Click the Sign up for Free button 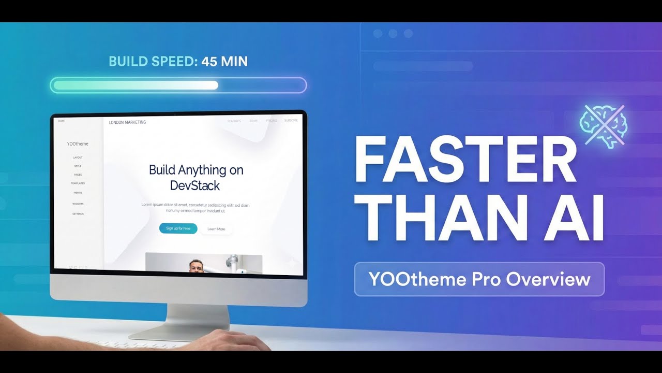pos(178,228)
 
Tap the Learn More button pos(216,229)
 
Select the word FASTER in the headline pos(465,158)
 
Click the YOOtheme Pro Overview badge pos(479,279)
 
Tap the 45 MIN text pos(224,62)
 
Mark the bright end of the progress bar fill pos(214,85)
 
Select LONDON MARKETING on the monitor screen pos(127,122)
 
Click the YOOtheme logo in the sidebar pos(78,144)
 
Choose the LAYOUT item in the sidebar pos(78,157)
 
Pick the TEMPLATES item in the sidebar pos(78,183)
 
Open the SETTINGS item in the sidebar pos(78,214)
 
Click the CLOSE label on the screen pos(61,121)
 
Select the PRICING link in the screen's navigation pos(272,121)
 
